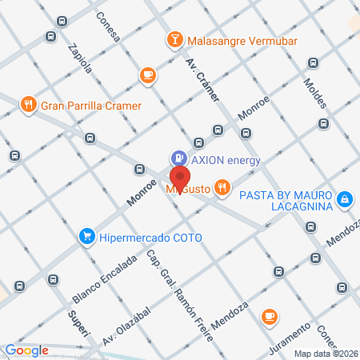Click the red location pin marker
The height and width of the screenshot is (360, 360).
coord(181,178)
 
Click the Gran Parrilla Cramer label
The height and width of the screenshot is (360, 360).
coord(91,105)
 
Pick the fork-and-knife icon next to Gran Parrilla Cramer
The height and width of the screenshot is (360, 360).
coord(29,104)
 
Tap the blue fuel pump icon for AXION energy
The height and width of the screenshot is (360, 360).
coord(178,159)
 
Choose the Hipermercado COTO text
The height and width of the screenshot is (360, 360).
coord(151,237)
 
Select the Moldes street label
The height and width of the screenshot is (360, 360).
coord(316,95)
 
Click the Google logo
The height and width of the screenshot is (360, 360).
coord(26,350)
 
